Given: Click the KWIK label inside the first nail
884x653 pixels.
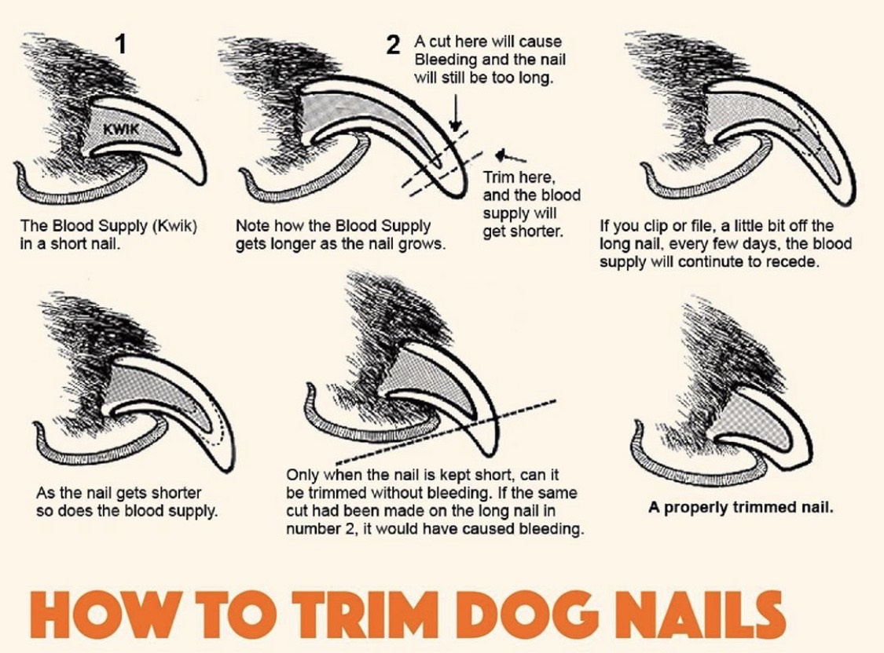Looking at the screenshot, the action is click(120, 129).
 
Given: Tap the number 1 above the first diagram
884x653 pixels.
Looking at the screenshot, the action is click(120, 43).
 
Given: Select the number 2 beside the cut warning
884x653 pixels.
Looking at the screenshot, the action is click(393, 46).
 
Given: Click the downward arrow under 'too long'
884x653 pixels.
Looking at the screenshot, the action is click(456, 113).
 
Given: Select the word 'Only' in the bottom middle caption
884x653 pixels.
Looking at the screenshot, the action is click(303, 475).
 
